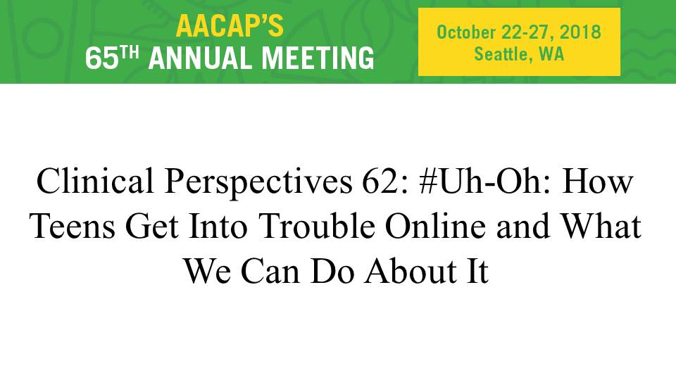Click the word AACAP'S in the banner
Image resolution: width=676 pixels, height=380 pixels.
pos(230,26)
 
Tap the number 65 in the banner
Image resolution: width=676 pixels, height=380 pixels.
pos(101,58)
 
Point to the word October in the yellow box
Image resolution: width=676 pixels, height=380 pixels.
pos(466,33)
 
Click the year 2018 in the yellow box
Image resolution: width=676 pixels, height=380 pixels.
pos(580,33)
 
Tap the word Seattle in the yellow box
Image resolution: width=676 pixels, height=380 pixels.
pos(501,54)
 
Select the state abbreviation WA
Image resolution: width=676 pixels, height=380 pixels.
pos(551,54)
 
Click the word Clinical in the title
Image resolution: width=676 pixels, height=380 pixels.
pos(95,181)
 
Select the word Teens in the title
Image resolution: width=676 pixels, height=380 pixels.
pos(73,226)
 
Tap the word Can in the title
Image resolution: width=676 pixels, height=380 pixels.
pos(270,271)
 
